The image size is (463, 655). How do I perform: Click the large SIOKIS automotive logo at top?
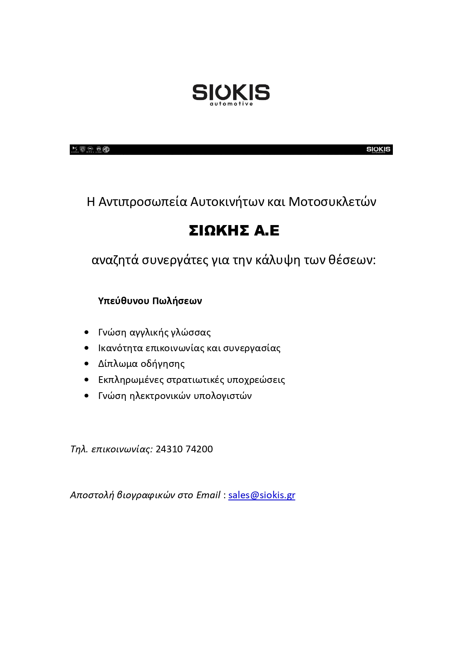pos(231,94)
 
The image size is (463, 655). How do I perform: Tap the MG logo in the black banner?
pos(106,149)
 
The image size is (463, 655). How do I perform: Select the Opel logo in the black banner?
pos(90,149)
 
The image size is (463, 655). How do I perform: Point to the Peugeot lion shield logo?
pos(82,149)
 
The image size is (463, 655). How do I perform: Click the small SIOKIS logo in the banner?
pos(378,149)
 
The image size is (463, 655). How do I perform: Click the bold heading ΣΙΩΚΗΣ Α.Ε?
pos(234,231)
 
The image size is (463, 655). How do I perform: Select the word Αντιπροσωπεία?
pos(143,202)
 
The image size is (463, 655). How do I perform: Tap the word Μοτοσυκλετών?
pos(332,202)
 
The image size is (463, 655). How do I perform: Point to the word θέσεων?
pos(352,260)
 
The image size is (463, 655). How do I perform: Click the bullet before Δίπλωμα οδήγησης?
pos(87,364)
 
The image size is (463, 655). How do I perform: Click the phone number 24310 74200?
pos(184,449)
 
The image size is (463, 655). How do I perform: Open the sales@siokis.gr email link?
pos(262,495)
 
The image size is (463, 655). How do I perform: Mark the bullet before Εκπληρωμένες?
pos(87,380)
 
